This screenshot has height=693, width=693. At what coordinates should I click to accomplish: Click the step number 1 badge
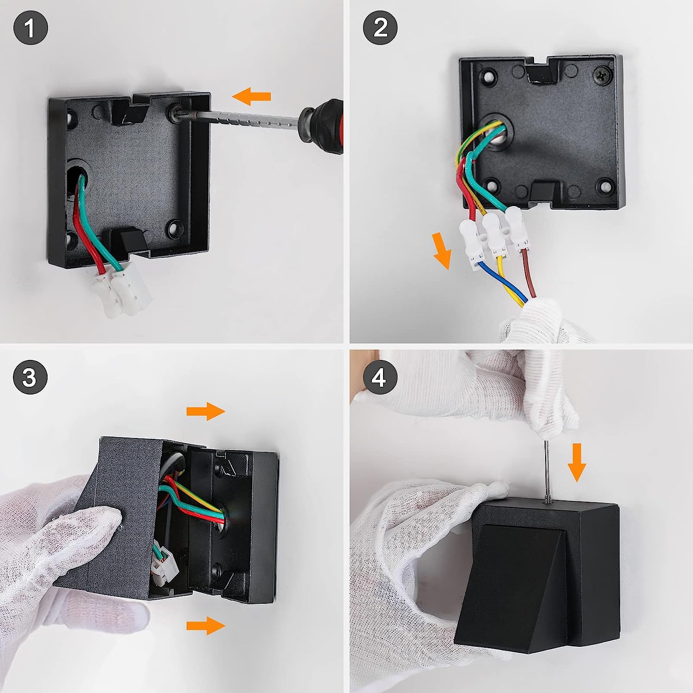tap(30, 28)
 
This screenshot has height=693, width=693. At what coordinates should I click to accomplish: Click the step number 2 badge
tap(380, 28)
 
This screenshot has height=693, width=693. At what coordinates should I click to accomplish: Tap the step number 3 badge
tap(30, 377)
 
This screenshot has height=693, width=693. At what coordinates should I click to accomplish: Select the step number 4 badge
tap(380, 377)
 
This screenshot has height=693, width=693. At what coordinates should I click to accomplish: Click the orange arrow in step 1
tap(251, 96)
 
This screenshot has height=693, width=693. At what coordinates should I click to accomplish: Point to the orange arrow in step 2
tap(442, 250)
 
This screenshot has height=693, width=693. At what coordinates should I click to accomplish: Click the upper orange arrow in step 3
tap(206, 411)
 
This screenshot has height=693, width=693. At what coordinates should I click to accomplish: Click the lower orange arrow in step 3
tap(206, 626)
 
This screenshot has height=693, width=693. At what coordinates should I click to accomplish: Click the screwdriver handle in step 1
tap(322, 126)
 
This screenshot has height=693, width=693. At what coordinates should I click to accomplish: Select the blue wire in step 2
tap(501, 282)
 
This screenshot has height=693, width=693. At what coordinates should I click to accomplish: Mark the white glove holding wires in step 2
tap(545, 321)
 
